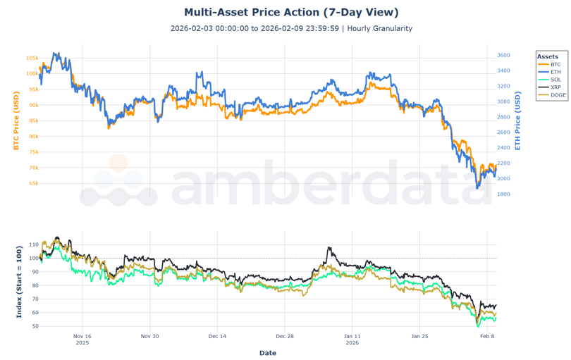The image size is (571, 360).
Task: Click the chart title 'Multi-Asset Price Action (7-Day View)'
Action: point(291,12)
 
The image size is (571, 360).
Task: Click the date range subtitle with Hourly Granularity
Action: point(291,29)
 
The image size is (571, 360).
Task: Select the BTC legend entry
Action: point(555,64)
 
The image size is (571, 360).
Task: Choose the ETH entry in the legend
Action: point(555,72)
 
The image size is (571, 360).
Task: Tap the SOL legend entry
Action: point(555,80)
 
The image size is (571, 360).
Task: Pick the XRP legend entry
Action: point(555,87)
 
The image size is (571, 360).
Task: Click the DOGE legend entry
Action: point(557,95)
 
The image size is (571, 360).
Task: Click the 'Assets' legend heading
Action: point(547,56)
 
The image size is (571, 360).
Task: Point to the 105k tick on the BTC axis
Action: point(32,58)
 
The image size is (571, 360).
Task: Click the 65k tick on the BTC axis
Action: point(33,183)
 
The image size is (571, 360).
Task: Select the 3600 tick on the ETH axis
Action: point(503,55)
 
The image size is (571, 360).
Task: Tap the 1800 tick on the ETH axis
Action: point(503,194)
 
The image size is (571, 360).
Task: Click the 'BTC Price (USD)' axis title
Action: point(16,120)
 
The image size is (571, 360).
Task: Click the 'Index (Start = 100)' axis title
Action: point(19,281)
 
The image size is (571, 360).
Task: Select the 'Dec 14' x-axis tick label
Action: point(218,337)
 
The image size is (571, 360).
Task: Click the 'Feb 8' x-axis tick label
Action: point(487,337)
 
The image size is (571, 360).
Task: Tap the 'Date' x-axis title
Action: point(268,353)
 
